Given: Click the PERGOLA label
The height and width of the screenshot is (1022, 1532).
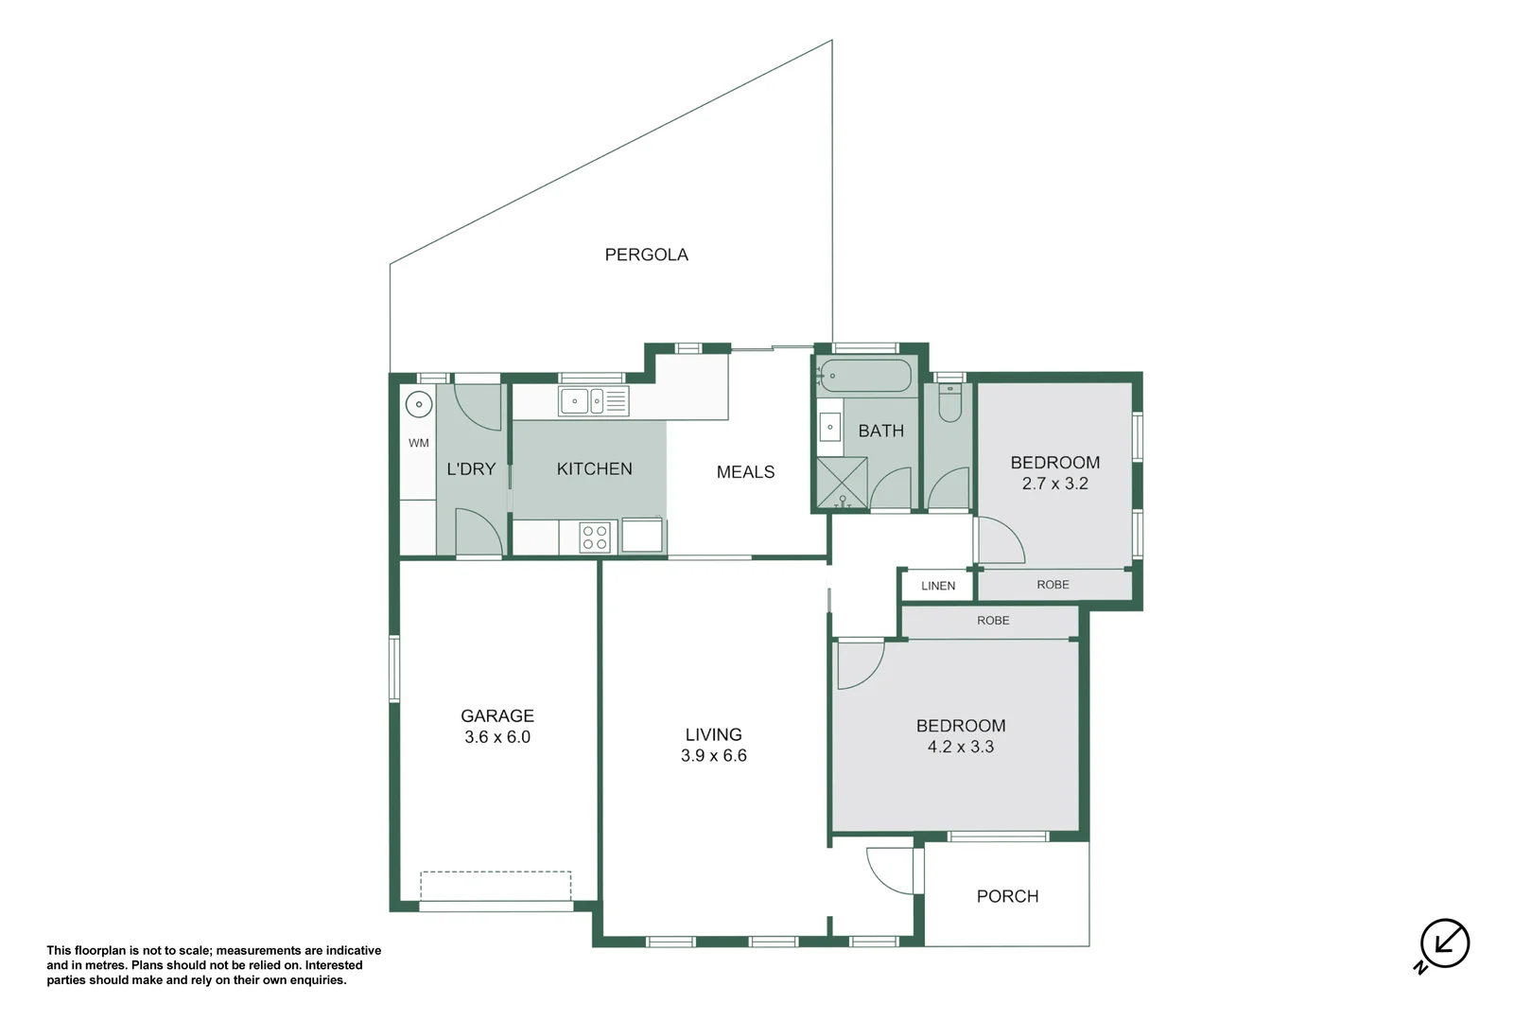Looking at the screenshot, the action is click(x=646, y=255).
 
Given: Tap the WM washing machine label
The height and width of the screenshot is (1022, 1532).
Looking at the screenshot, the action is click(x=419, y=443).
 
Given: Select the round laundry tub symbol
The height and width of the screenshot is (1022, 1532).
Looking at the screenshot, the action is click(x=419, y=405).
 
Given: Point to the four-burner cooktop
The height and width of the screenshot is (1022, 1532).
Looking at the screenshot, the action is click(x=594, y=537).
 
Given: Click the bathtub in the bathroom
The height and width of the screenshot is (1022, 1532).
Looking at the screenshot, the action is click(x=865, y=375).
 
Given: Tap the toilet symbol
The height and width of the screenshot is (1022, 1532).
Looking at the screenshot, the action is click(x=949, y=402).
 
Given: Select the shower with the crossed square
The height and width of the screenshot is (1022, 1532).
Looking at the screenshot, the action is click(x=842, y=484).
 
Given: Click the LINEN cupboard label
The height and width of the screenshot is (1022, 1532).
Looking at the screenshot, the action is click(x=938, y=586).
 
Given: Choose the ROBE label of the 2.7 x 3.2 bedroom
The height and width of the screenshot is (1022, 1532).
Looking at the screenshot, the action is click(x=1053, y=585).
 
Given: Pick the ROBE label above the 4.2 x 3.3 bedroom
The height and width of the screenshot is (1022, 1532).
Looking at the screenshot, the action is click(x=993, y=620).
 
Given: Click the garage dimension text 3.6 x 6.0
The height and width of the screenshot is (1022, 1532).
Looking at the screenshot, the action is click(x=497, y=737).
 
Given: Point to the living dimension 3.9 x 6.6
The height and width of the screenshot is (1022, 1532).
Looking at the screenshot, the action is click(x=713, y=756).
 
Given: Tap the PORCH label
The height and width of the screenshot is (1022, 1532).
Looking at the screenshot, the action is click(x=1007, y=896).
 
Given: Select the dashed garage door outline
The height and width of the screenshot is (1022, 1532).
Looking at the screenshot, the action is click(x=496, y=886).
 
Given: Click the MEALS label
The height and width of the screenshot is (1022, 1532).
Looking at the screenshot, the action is click(x=745, y=471).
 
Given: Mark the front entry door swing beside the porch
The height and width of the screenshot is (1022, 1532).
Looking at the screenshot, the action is click(x=891, y=870).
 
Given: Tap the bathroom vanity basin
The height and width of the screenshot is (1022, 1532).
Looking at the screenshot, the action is click(x=830, y=428).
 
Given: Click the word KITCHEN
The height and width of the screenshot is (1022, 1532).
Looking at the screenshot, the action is click(x=594, y=469).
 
